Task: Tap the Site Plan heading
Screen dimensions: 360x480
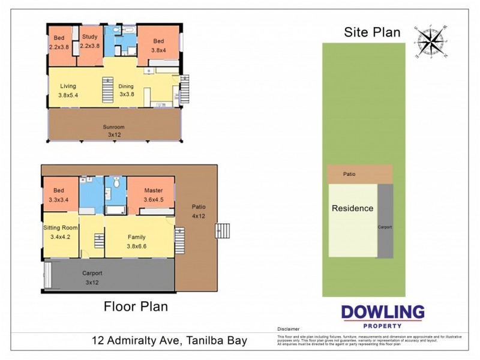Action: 372,32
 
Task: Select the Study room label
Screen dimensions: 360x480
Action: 90,37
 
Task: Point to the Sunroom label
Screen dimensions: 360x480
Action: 113,127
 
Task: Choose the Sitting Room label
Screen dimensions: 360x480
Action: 60,228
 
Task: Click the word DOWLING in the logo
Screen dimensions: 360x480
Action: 382,313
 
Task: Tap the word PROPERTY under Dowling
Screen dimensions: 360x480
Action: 382,326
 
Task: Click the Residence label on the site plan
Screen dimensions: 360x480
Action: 353,209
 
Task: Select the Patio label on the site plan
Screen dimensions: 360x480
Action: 349,175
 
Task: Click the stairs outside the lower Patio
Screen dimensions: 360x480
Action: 223,231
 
